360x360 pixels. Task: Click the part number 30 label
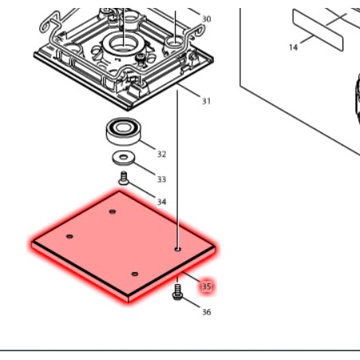pyautogui.click(x=206, y=18)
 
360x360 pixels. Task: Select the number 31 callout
pyautogui.click(x=207, y=101)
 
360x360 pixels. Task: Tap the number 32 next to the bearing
pyautogui.click(x=161, y=154)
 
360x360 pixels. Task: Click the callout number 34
pyautogui.click(x=161, y=202)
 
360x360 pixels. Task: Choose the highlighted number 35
pyautogui.click(x=206, y=285)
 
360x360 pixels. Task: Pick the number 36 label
pyautogui.click(x=206, y=311)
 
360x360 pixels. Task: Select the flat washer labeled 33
pyautogui.click(x=124, y=156)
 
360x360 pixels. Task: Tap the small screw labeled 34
pyautogui.click(x=124, y=180)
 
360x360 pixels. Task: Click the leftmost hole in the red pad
pyautogui.click(x=70, y=236)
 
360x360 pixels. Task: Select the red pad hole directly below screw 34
pyautogui.click(x=113, y=212)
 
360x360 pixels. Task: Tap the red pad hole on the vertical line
pyautogui.click(x=177, y=248)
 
